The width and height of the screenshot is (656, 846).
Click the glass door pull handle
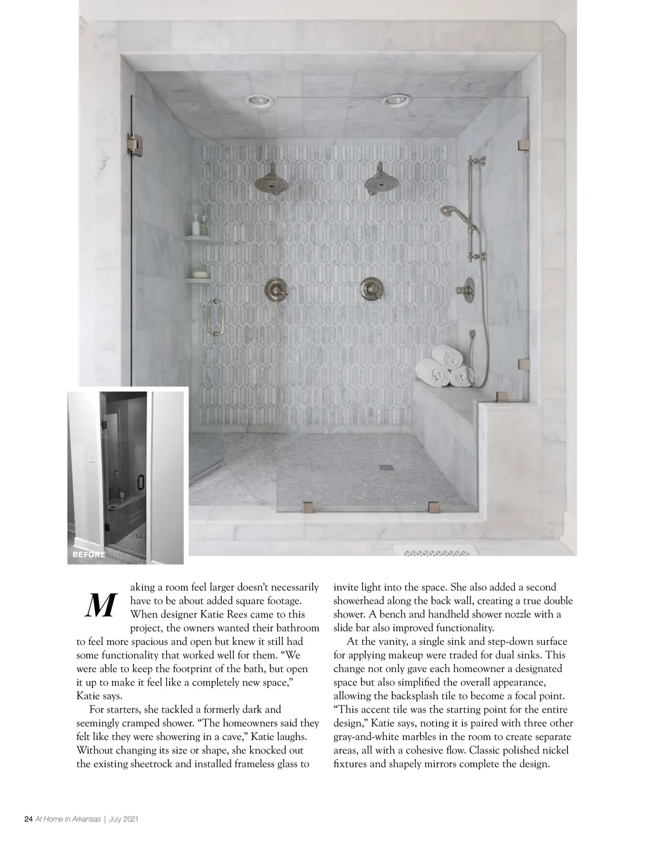[215, 317]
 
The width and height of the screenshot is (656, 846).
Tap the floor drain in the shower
[386, 467]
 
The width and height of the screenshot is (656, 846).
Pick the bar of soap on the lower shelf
[200, 274]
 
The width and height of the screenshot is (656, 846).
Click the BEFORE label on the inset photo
[89, 554]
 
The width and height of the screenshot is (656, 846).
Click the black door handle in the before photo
[140, 481]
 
